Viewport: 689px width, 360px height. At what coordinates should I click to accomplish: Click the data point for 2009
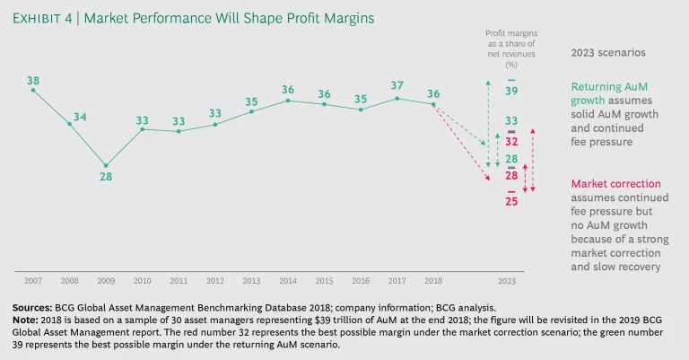[x=106, y=165]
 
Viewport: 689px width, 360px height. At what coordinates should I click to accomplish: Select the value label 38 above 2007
[x=33, y=79]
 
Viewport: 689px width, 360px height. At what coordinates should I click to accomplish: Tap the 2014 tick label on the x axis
[x=288, y=281]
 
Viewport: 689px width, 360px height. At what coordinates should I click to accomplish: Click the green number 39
[x=510, y=92]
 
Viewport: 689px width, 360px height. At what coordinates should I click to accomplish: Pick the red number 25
[x=510, y=201]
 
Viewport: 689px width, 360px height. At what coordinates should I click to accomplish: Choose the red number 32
[x=510, y=141]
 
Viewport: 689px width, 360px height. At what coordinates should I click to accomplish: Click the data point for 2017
[x=397, y=98]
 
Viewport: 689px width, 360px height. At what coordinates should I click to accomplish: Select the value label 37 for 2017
[x=397, y=86]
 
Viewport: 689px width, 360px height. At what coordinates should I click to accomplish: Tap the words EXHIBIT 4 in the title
[x=48, y=18]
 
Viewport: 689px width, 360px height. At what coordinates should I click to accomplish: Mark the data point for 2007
[x=33, y=90]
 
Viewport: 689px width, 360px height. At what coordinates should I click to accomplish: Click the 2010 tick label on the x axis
[x=143, y=281]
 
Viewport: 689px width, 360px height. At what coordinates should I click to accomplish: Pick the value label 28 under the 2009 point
[x=106, y=177]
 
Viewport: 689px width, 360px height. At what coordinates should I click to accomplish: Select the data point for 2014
[x=288, y=101]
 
